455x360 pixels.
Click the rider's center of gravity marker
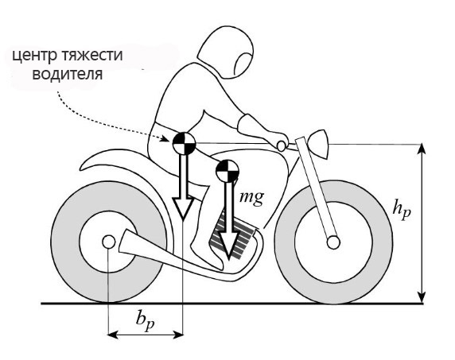(185, 143)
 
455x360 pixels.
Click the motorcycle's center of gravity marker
(227, 171)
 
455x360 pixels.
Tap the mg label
(251, 198)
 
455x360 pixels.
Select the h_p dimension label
(402, 211)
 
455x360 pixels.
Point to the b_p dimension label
(145, 321)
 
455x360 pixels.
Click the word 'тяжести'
(92, 55)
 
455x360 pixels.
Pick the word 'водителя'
(68, 74)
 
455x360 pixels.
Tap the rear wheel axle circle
(108, 242)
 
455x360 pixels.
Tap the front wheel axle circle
(333, 242)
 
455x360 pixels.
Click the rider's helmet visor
(243, 65)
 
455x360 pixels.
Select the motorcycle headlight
(320, 144)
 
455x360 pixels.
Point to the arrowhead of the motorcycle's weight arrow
(229, 245)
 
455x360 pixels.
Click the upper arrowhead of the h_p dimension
(422, 149)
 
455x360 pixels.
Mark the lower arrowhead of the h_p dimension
(422, 297)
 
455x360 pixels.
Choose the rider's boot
(207, 255)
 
